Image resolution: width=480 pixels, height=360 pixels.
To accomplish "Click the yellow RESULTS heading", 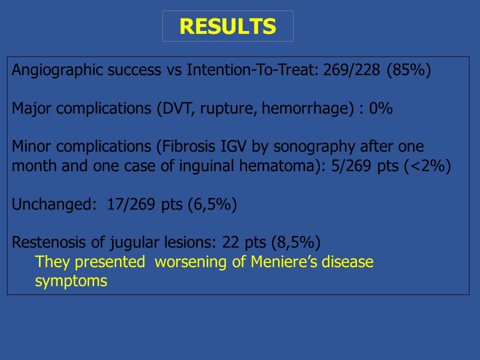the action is coord(228,26).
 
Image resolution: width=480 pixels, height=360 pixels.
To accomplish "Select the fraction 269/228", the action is coord(351,70).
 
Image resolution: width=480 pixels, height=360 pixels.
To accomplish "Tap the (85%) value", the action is coord(409,70).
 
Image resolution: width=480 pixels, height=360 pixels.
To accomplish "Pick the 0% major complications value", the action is coord(381,108).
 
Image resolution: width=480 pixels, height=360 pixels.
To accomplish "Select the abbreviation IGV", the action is coord(233,146).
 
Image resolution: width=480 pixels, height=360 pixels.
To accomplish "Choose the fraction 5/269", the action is coord(351,166).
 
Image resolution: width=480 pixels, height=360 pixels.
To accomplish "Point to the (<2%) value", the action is coord(427,166).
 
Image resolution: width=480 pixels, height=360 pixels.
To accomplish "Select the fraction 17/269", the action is coord(131,204).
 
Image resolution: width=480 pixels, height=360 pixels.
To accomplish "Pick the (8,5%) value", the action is coord(296,242).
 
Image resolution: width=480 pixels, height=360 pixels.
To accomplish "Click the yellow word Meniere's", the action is coord(283,261).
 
